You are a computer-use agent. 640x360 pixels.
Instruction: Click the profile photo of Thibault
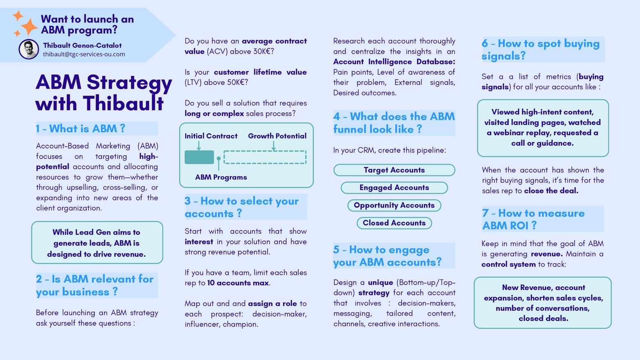[x=29, y=49]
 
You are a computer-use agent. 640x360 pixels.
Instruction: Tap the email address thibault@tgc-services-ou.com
[x=84, y=54]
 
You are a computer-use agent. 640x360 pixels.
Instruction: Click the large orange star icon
[x=29, y=27]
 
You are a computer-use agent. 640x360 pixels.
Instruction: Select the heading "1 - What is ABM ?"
[x=80, y=128]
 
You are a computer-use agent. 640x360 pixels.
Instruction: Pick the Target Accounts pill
[x=394, y=170]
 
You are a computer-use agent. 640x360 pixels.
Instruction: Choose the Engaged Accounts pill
[x=394, y=188]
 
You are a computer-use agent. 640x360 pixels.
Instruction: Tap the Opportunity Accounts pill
[x=394, y=205]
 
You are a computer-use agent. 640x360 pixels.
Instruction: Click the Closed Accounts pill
[x=394, y=223]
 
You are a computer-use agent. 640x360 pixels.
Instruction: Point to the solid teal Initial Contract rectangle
[x=199, y=157]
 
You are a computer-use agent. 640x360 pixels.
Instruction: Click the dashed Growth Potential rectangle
[x=265, y=157]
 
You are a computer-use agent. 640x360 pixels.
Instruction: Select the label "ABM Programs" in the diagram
[x=221, y=177]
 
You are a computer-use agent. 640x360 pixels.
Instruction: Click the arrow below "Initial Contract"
[x=199, y=145]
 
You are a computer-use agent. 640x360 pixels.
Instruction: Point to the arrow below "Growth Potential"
[x=274, y=145]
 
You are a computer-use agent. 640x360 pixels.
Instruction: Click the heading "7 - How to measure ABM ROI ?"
[x=533, y=219]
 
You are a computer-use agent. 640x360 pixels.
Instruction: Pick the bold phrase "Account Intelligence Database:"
[x=394, y=62]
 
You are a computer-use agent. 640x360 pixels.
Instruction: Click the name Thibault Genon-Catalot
[x=82, y=45]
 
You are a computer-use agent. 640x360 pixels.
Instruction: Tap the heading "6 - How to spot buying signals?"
[x=540, y=49]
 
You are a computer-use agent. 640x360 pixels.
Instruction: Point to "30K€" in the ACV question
[x=263, y=51]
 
